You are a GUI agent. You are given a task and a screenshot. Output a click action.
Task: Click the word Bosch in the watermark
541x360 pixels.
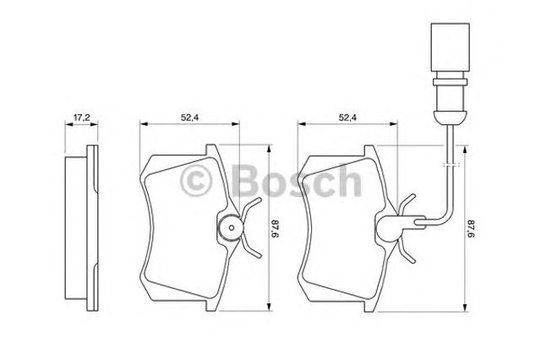tap(295, 179)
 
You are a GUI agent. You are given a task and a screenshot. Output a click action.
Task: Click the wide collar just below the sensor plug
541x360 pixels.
tap(443, 84)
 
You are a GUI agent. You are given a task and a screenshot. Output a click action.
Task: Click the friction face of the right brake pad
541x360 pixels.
tap(338, 228)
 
